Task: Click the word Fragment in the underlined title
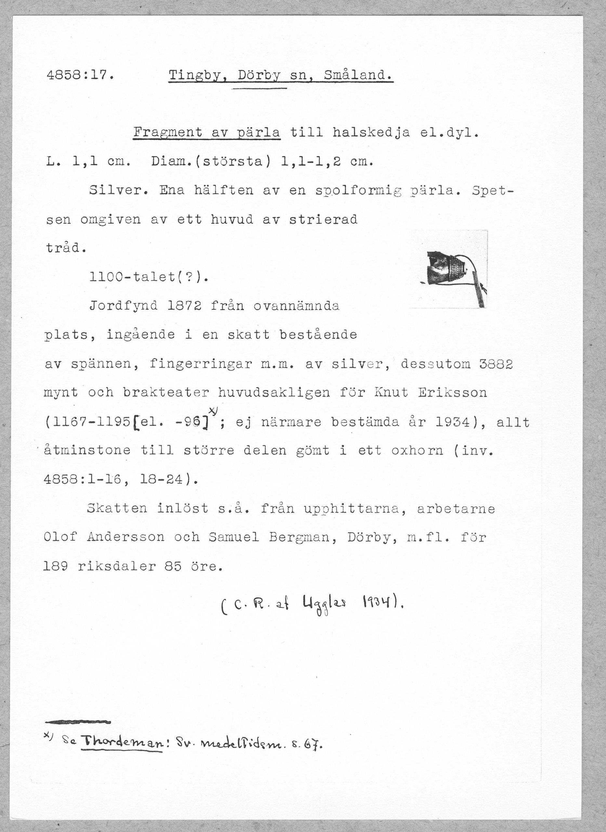[167, 133]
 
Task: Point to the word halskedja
[371, 133]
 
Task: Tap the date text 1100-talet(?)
[149, 277]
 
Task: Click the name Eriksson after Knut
[453, 392]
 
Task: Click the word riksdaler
[117, 566]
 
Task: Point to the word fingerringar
[201, 364]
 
